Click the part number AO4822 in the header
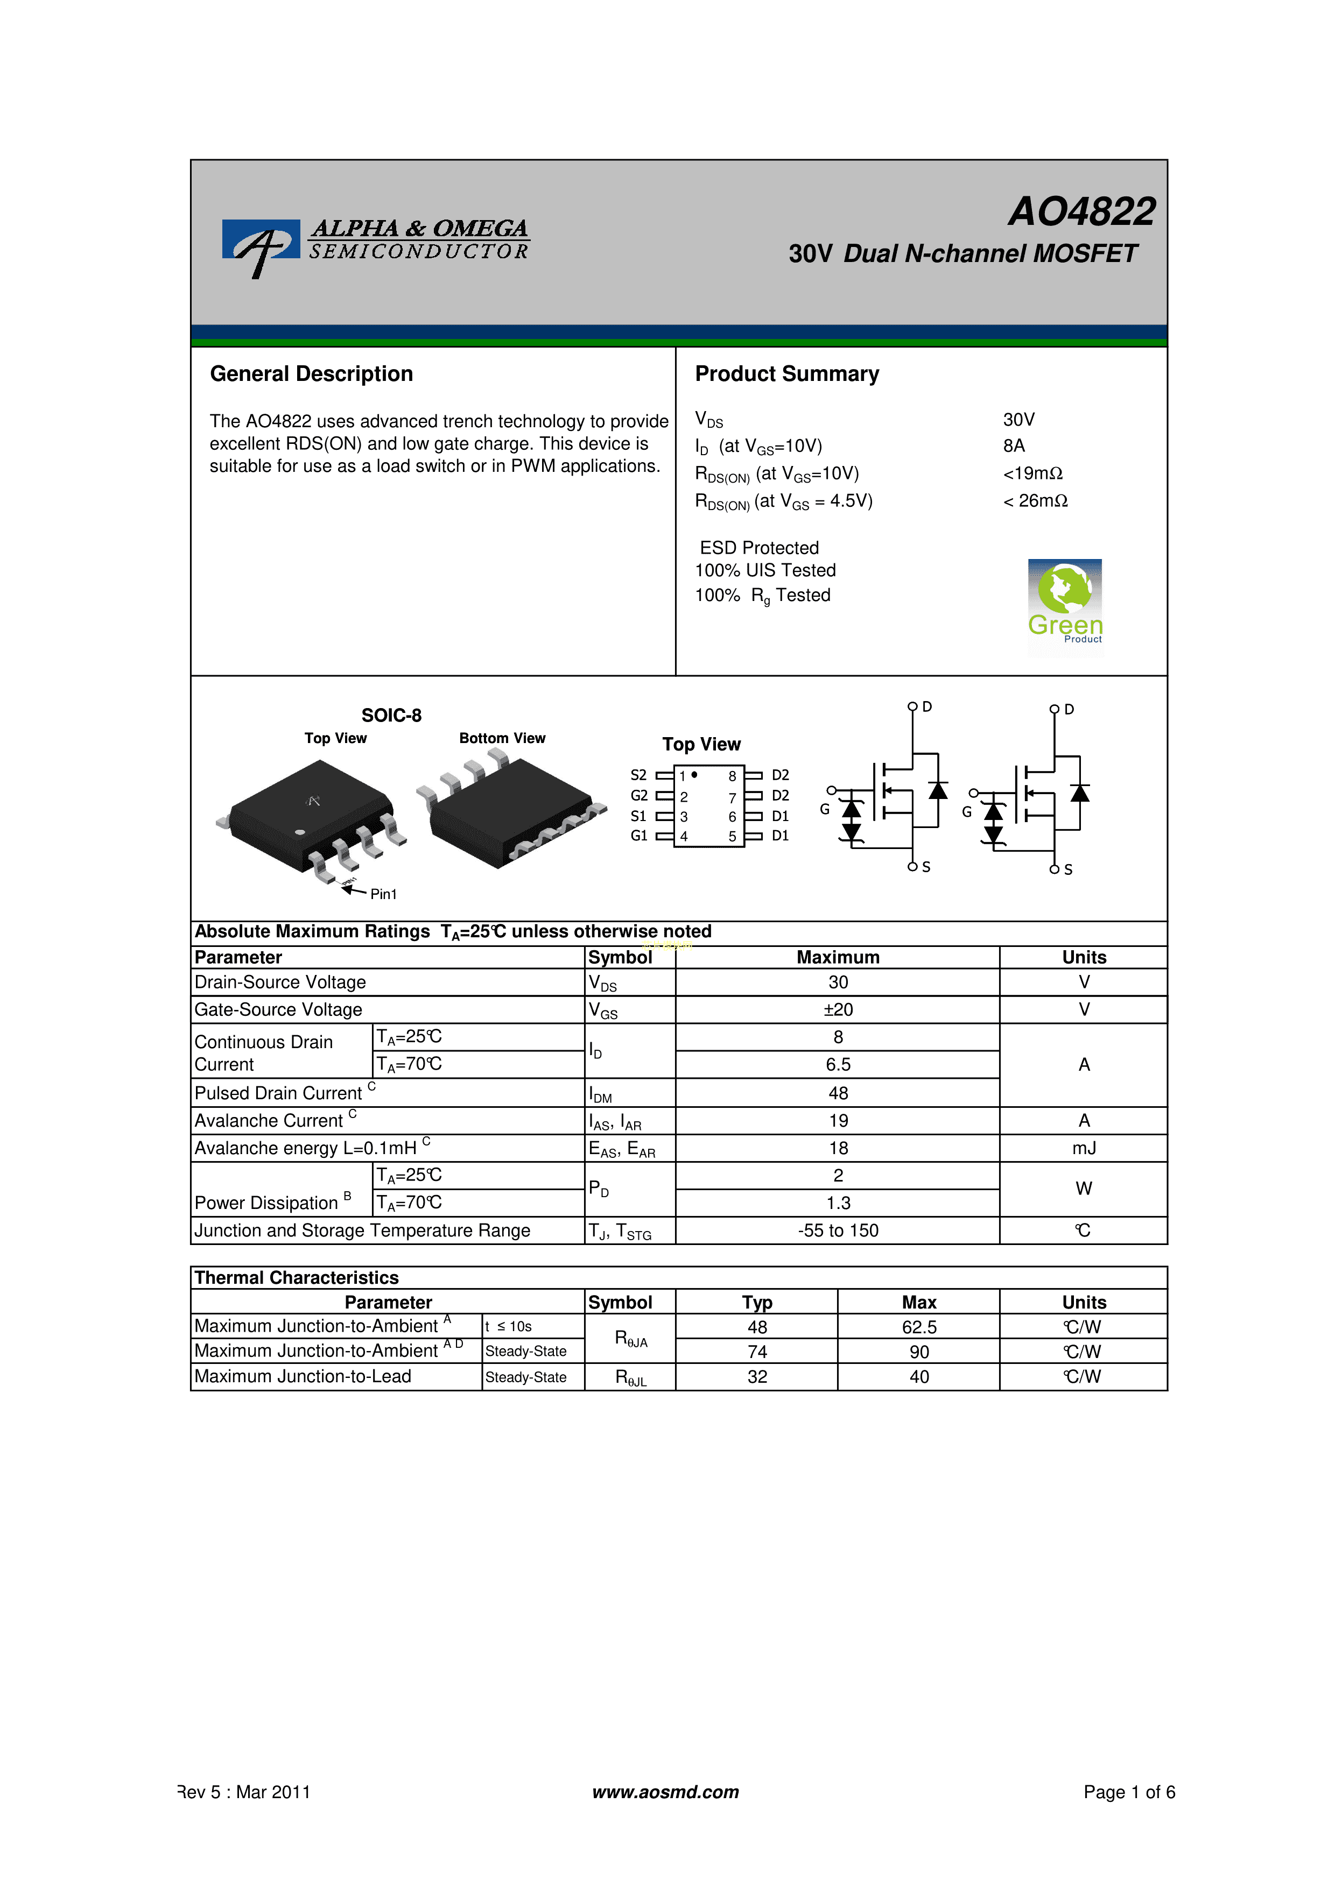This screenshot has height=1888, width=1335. [1081, 211]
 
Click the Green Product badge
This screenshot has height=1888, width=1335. [1065, 607]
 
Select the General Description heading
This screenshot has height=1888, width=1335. [311, 374]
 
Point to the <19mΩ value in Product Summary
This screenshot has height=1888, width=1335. [1033, 473]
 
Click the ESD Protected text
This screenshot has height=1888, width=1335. [759, 548]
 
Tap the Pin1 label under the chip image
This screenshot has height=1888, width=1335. [383, 894]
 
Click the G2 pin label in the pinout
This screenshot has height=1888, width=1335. [639, 795]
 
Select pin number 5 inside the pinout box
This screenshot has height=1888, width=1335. [732, 836]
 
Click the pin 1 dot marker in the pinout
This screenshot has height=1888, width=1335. [694, 775]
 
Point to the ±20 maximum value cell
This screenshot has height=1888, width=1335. [838, 1010]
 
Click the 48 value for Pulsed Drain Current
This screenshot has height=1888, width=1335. [838, 1093]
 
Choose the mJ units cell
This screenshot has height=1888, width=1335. [1084, 1149]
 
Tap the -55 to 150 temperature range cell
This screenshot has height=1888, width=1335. [838, 1230]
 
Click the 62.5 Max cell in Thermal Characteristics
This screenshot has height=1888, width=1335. [919, 1327]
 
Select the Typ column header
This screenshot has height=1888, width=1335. [757, 1303]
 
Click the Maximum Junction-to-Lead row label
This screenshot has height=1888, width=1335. [303, 1376]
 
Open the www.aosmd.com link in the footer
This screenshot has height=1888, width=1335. [665, 1792]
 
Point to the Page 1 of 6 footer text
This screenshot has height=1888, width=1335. [1129, 1792]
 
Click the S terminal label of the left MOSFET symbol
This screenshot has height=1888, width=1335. [926, 867]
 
